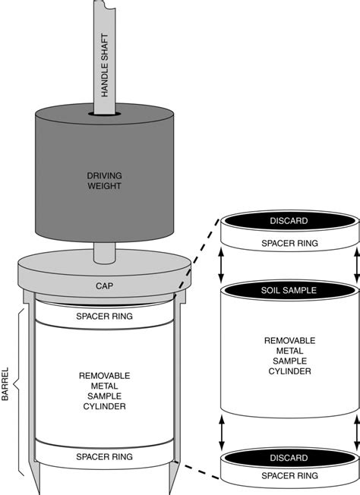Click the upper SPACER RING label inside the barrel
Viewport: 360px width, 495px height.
[104, 315]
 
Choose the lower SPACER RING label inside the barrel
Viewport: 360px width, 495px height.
[104, 457]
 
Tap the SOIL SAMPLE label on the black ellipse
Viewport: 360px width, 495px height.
[289, 290]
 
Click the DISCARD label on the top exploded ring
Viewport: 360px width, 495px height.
[289, 222]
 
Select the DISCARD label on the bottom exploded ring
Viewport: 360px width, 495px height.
[289, 458]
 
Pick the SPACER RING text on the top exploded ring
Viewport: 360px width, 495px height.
[289, 244]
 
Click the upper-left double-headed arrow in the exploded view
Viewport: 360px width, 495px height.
[222, 266]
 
